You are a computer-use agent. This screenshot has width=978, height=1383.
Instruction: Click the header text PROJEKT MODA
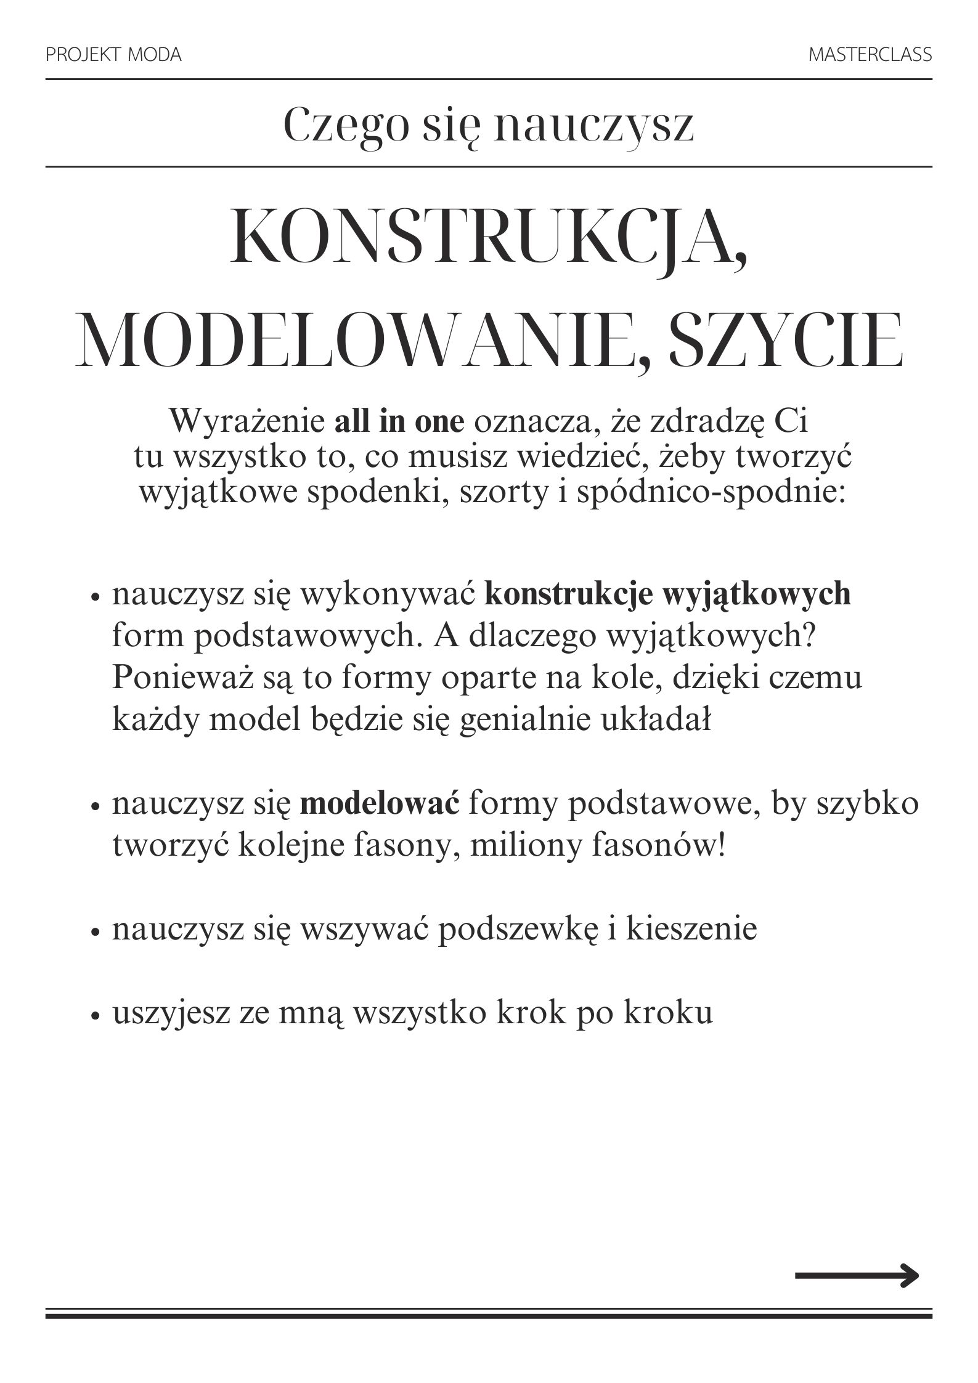113,55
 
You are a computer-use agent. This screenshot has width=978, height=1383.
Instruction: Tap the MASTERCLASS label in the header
870,55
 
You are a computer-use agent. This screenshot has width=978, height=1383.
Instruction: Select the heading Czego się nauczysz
489,126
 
